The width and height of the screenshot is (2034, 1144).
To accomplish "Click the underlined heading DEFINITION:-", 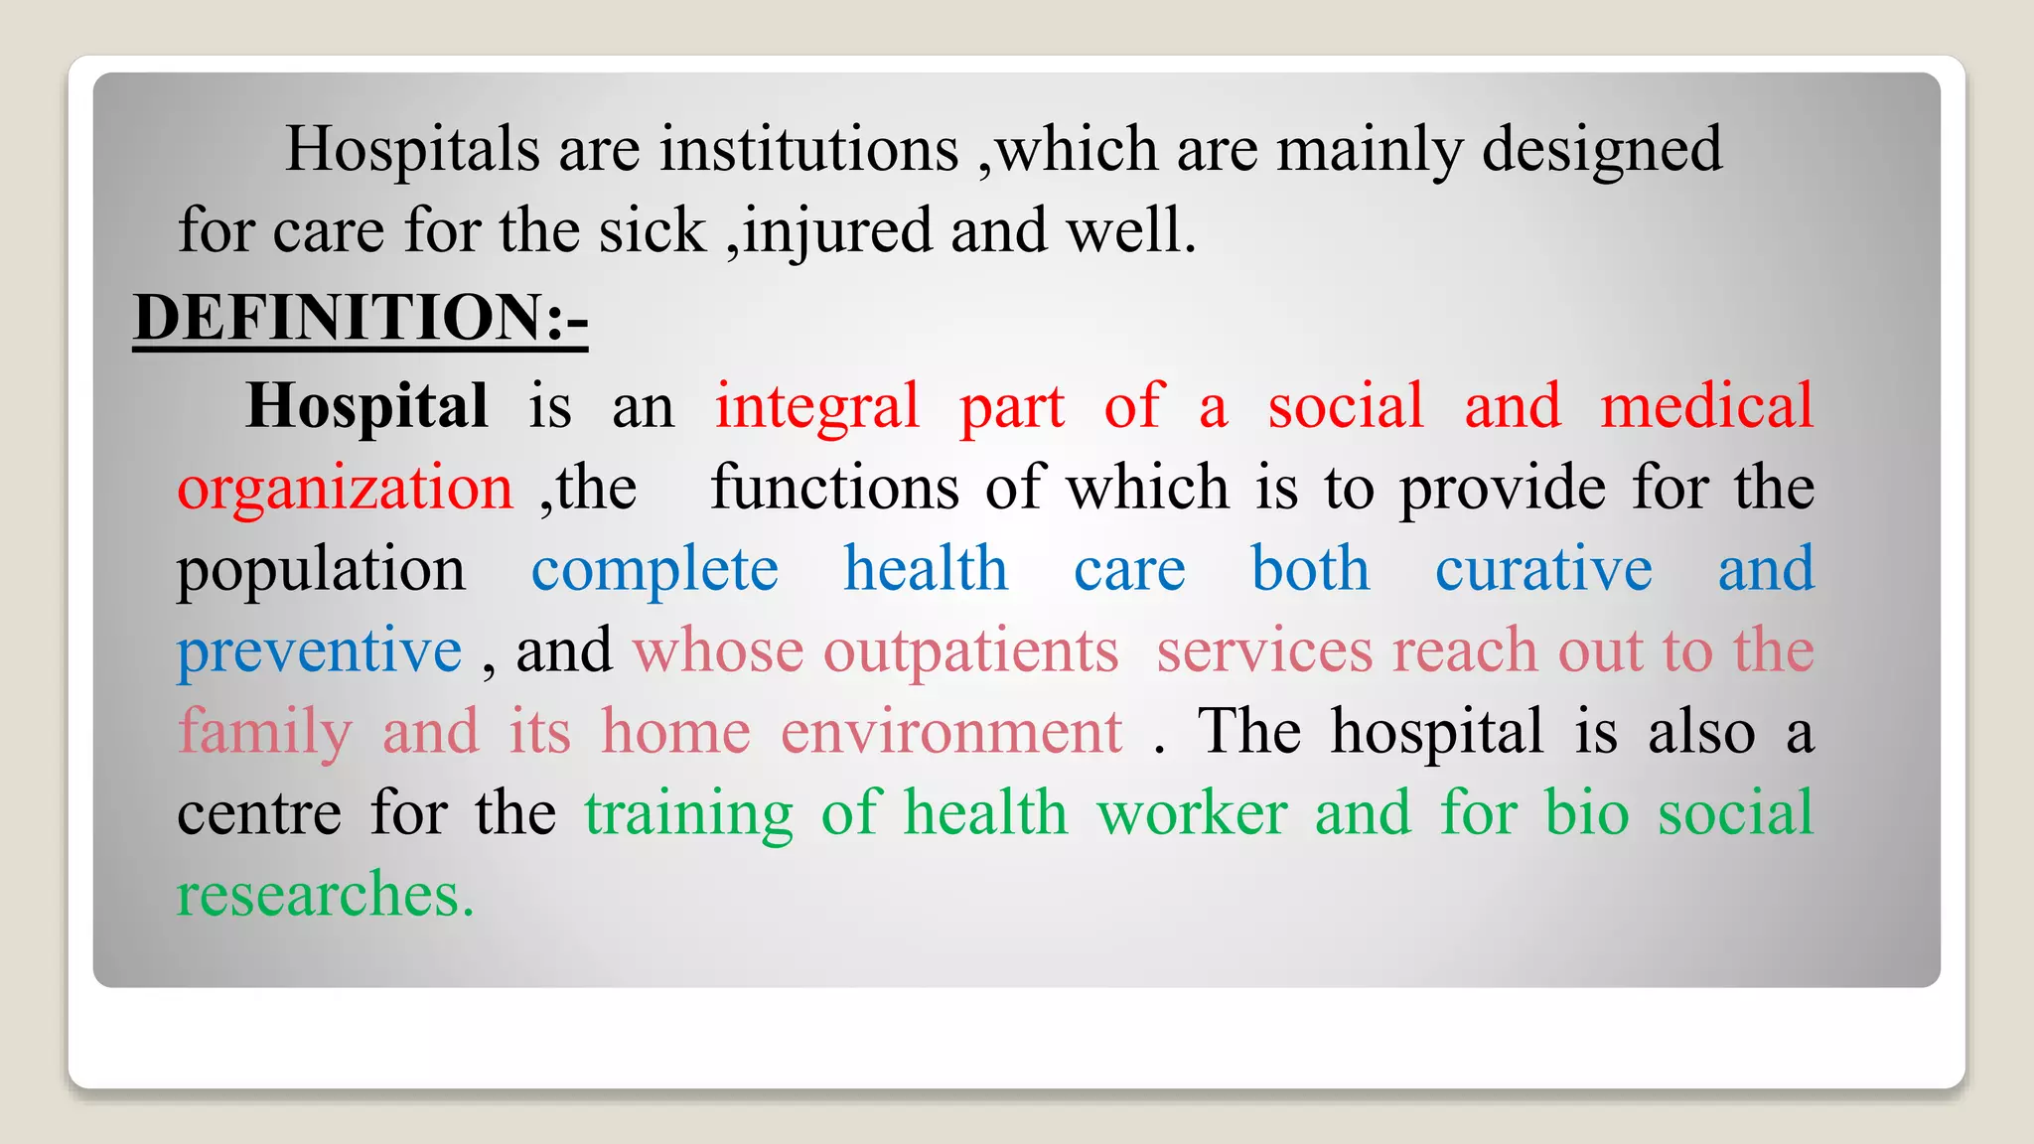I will [x=361, y=318].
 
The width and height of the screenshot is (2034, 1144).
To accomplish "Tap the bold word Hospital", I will [x=366, y=406].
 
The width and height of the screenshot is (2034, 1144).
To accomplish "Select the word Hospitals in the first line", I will [x=412, y=150].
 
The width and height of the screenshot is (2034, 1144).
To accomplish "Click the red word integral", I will [x=816, y=407].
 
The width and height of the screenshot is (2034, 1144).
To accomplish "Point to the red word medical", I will [x=1706, y=406].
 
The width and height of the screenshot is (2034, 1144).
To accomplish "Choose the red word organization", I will [x=345, y=489].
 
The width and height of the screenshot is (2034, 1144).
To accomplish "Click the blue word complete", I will [x=654, y=570].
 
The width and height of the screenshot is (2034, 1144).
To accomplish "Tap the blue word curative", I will [x=1543, y=570].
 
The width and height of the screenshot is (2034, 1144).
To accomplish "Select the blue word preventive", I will [x=319, y=651].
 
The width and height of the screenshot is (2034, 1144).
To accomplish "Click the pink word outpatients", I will [x=970, y=651].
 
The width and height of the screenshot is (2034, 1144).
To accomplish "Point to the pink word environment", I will [x=951, y=733].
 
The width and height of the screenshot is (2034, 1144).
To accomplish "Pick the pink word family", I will [x=265, y=733].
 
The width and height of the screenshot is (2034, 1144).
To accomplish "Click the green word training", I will [x=688, y=814].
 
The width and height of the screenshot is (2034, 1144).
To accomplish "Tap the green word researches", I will [x=325, y=895].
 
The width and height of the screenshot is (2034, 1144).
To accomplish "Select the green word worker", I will [x=1192, y=813].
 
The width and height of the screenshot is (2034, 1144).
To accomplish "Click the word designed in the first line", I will [x=1602, y=150].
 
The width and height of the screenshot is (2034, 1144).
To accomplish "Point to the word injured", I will [x=837, y=231].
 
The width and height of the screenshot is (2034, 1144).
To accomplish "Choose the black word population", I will [x=321, y=570].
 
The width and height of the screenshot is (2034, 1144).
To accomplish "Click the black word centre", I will [x=259, y=813].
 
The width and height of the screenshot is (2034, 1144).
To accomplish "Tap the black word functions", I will [x=835, y=489].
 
